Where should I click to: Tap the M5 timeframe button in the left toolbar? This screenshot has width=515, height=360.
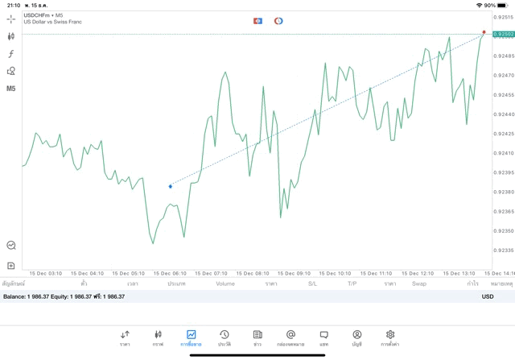(x=11, y=88)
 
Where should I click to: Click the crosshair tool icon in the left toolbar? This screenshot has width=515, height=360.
(x=11, y=19)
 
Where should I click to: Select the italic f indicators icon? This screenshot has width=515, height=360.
(x=11, y=53)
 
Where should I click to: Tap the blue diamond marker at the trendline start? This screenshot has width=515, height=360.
(x=171, y=186)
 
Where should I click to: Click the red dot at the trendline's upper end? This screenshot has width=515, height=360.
(x=484, y=32)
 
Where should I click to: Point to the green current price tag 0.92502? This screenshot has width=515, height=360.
(x=503, y=34)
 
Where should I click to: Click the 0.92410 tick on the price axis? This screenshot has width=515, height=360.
(x=503, y=153)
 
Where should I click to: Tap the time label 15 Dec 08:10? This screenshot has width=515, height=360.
(x=252, y=273)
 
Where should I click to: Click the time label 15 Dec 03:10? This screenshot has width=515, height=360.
(x=44, y=273)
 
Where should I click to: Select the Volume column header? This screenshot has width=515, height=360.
(x=225, y=283)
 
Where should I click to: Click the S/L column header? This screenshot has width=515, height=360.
(x=312, y=283)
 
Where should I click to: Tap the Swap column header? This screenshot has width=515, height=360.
(x=419, y=283)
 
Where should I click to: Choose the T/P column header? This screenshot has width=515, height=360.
(x=352, y=283)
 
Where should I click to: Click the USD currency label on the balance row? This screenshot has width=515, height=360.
(x=488, y=296)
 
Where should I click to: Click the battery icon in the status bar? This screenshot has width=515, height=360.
(x=503, y=5)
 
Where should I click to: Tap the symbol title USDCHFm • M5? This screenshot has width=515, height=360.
(x=43, y=15)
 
